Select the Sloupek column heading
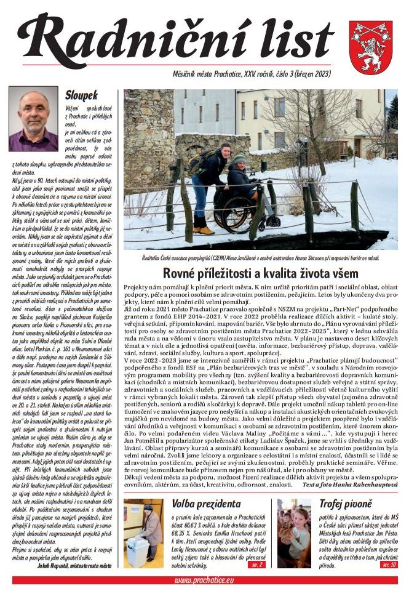click(81, 96)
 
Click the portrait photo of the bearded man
click(33, 119)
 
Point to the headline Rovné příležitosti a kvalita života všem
click(260, 273)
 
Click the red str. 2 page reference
click(258, 564)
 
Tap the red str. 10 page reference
click(389, 564)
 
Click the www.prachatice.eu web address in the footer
click(203, 580)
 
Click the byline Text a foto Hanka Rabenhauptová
click(349, 485)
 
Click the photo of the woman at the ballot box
click(143, 533)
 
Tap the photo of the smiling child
click(294, 533)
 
